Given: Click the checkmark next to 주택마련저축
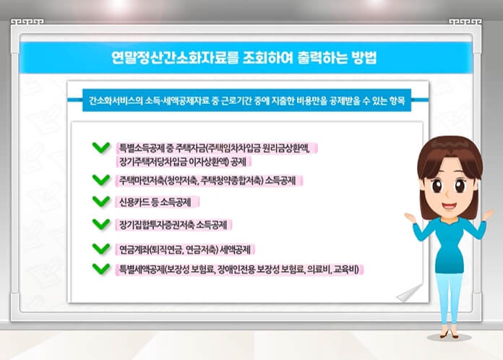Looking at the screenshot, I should point(101,179).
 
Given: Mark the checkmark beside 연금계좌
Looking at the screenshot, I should point(101,248).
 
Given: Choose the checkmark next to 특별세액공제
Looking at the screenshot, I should point(101,269).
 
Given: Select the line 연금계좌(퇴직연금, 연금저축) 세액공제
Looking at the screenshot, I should point(184,249).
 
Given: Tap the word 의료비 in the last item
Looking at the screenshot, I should point(319,270).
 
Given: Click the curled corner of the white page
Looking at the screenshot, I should point(409,291).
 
